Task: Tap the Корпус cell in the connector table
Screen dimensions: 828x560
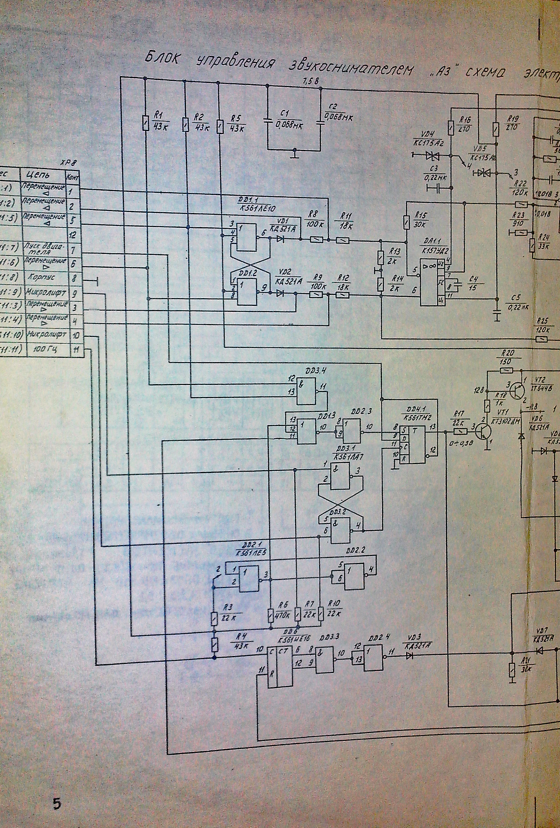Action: (43, 278)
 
